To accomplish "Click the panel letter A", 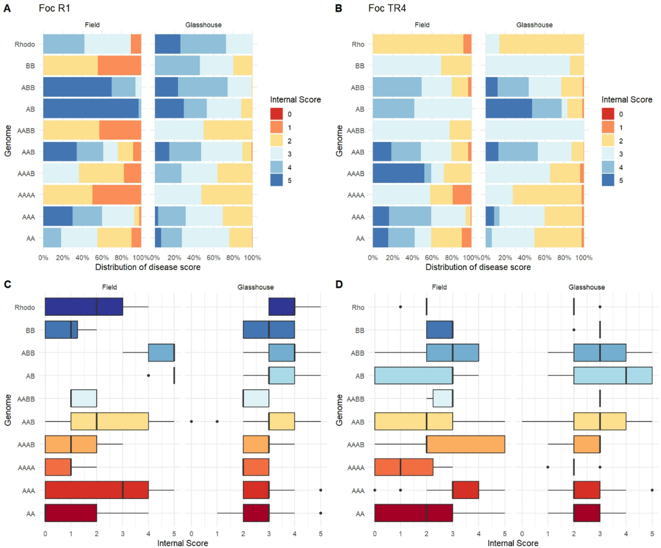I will tap(7, 8).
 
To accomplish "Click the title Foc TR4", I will tap(387, 8).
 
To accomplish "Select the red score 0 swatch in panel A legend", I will tap(276, 114).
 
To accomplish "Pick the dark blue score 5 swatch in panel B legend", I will tap(608, 180).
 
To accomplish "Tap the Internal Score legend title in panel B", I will tap(626, 100).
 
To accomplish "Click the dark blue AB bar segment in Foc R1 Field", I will tap(91, 109).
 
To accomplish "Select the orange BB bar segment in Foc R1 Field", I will tap(119, 66).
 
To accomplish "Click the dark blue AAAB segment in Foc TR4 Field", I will tap(398, 173).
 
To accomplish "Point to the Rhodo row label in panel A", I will tap(25, 44).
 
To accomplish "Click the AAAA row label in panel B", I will tap(356, 195).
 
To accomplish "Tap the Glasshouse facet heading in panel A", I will tap(203, 25).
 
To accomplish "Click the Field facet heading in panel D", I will tap(439, 287).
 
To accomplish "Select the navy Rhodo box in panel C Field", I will tap(84, 307).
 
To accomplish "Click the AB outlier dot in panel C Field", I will tap(148, 375).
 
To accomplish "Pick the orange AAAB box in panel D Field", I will tap(465, 444).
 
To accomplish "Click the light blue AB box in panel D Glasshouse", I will tap(613, 375).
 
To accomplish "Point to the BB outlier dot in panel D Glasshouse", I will tap(574, 330).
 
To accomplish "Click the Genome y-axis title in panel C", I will tap(8, 410).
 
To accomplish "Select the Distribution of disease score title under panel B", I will tap(478, 267).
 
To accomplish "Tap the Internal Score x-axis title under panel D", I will tap(513, 543).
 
